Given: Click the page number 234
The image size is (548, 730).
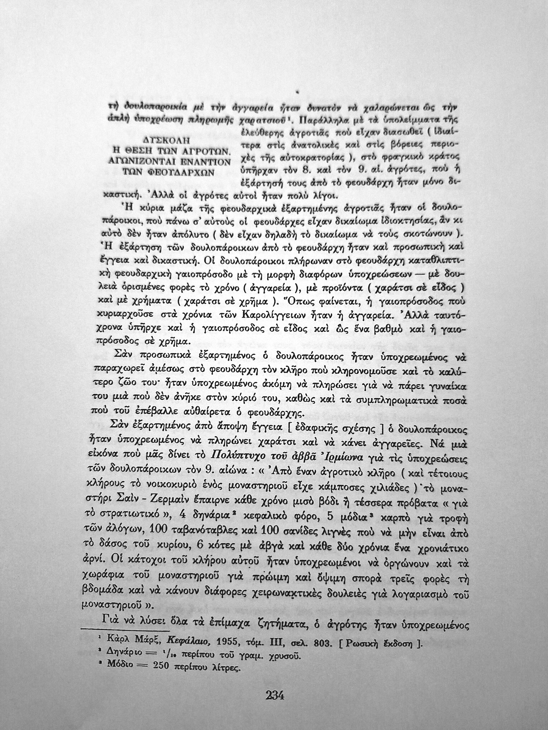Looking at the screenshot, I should point(275,695).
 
